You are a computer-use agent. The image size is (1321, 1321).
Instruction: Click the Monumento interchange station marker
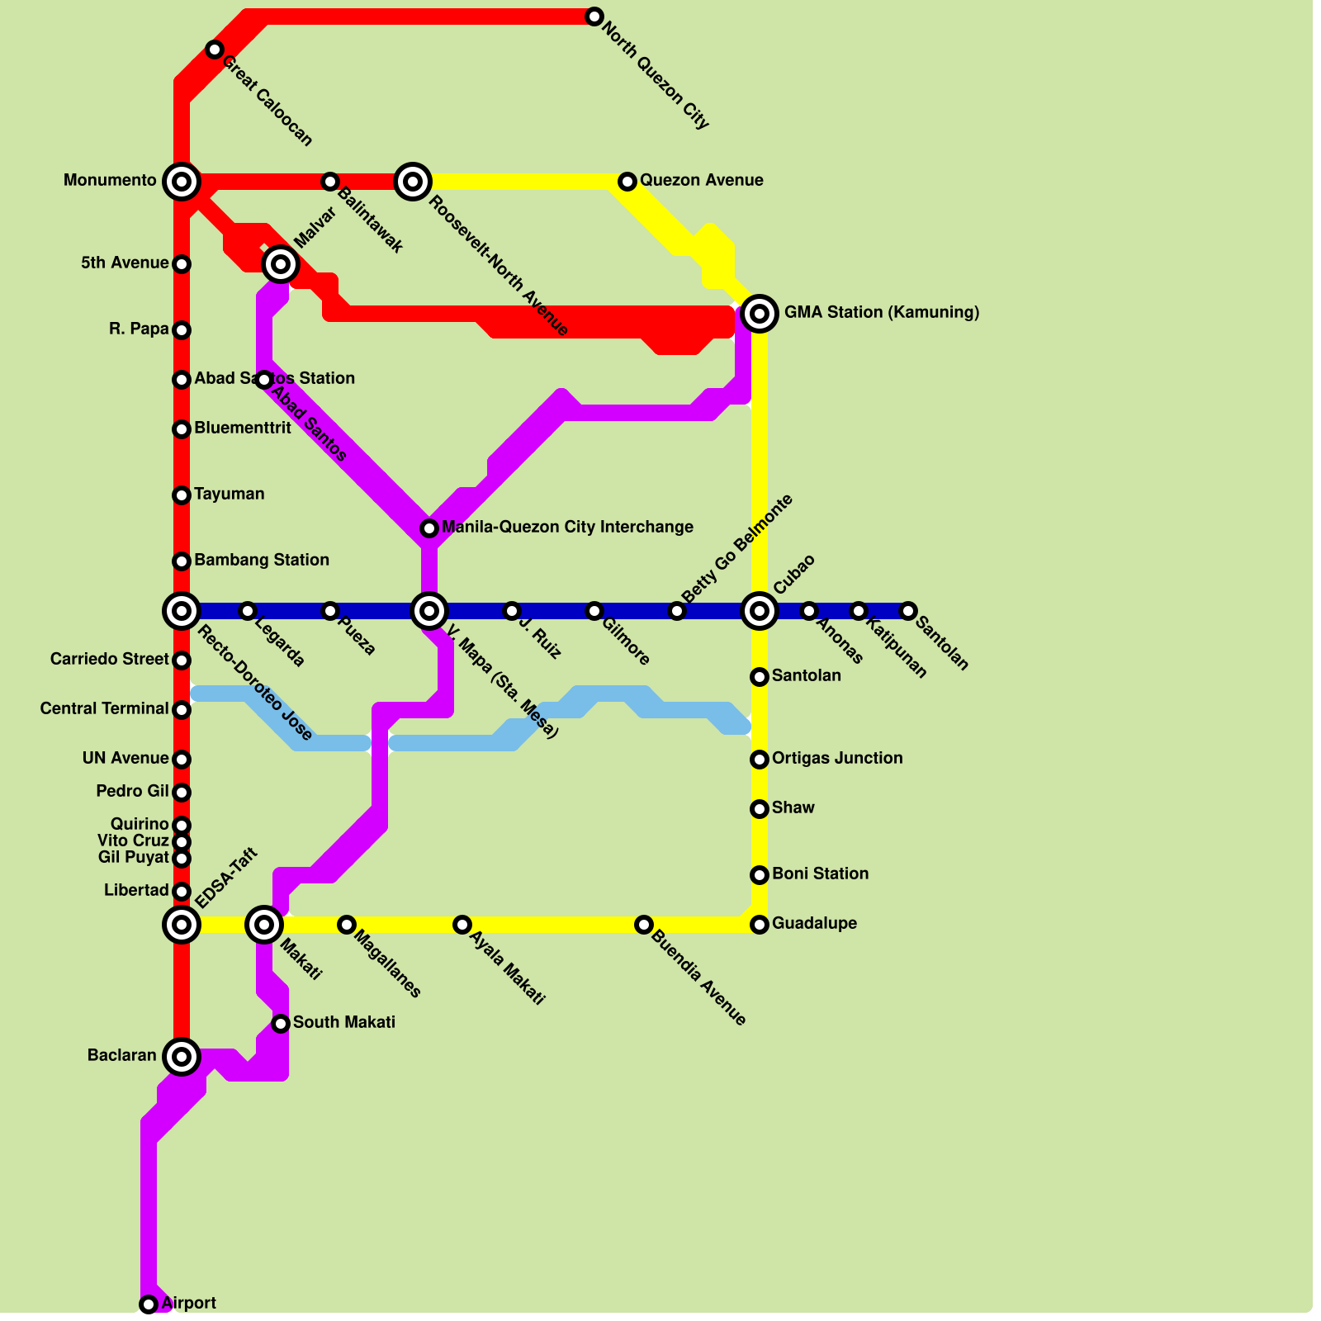pyautogui.click(x=182, y=181)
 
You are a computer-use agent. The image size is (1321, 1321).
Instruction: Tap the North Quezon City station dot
pyautogui.click(x=594, y=17)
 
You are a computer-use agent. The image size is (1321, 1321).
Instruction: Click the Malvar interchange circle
pyautogui.click(x=281, y=264)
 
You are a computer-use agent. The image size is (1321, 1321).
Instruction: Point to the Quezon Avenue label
pyautogui.click(x=701, y=180)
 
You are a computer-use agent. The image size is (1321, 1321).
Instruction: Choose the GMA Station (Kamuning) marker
pyautogui.click(x=760, y=314)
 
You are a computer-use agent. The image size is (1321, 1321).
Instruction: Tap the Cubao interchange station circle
pyautogui.click(x=760, y=611)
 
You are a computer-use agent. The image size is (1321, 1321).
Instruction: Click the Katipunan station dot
pyautogui.click(x=859, y=611)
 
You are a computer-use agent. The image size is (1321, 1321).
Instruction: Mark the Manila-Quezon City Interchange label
pyautogui.click(x=567, y=527)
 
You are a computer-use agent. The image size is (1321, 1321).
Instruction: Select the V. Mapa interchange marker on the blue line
pyautogui.click(x=429, y=611)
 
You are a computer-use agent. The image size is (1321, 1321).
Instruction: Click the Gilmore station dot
pyautogui.click(x=594, y=611)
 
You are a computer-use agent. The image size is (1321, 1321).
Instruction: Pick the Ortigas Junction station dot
pyautogui.click(x=760, y=760)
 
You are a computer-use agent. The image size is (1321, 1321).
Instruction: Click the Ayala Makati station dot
pyautogui.click(x=462, y=925)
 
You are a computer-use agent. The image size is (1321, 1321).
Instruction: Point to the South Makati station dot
pyautogui.click(x=281, y=1024)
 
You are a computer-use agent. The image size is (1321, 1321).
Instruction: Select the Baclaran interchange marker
pyautogui.click(x=182, y=1056)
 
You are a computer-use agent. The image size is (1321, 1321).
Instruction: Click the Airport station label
pyautogui.click(x=188, y=1303)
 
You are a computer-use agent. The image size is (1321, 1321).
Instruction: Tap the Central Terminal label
pyautogui.click(x=104, y=708)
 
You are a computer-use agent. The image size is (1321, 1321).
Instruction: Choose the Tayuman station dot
pyautogui.click(x=182, y=495)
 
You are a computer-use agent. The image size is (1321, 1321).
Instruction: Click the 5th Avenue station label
pyautogui.click(x=125, y=263)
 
